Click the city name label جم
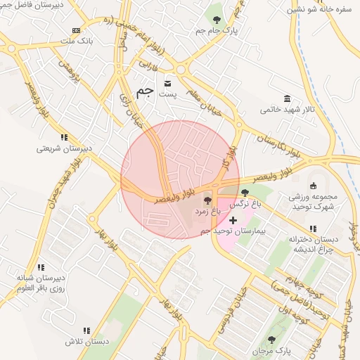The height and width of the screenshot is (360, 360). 145,91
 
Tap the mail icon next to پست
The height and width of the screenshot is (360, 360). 167,84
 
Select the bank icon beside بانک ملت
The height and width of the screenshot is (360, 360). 77,31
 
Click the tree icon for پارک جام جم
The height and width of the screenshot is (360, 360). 216,19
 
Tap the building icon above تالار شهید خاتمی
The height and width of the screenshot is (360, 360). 287,98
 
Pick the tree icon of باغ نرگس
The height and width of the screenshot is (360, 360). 245,193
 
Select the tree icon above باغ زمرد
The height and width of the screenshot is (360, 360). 206,201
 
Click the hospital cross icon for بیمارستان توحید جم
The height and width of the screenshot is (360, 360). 233,221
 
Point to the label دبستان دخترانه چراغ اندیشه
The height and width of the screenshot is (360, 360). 313,244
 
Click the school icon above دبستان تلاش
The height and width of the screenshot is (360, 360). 86,330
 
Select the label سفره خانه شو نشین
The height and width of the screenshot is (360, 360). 323,9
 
